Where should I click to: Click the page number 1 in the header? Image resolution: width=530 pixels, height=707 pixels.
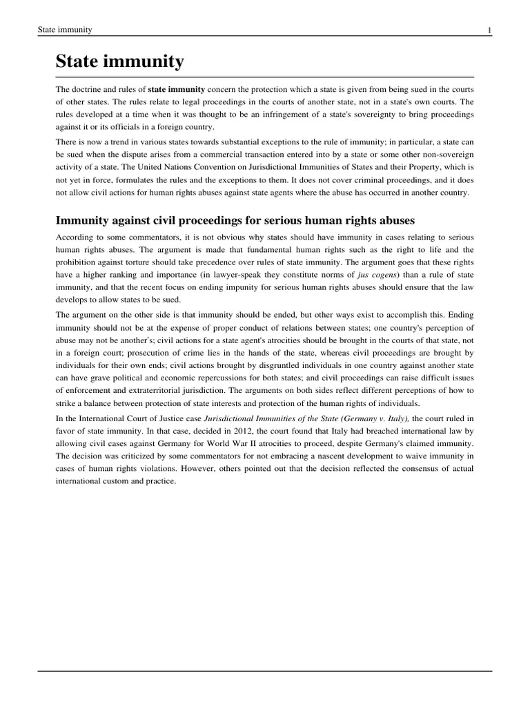pyautogui.click(x=489, y=30)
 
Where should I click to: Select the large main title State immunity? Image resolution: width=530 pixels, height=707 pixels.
pyautogui.click(x=119, y=62)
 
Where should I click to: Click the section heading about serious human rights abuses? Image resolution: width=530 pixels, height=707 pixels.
pyautogui.click(x=235, y=221)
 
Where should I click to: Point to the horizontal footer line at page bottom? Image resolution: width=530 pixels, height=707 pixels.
pyautogui.click(x=265, y=670)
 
